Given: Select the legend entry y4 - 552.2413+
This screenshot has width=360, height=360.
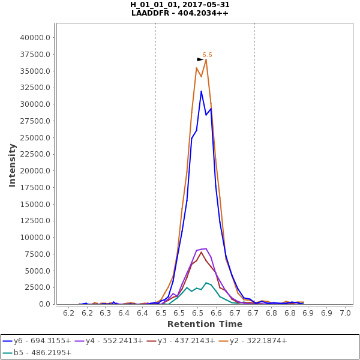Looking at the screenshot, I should pyautogui.click(x=115, y=341).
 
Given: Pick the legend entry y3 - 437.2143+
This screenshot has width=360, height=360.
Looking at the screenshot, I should pyautogui.click(x=187, y=341).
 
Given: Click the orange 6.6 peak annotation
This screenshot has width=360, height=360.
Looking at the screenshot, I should pyautogui.click(x=207, y=55).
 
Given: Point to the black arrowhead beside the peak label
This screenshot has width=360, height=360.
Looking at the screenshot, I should pyautogui.click(x=200, y=59).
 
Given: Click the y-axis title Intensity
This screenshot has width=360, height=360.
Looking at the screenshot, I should pyautogui.click(x=12, y=164).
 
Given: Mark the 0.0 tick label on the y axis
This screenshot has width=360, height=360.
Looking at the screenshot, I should pyautogui.click(x=44, y=304).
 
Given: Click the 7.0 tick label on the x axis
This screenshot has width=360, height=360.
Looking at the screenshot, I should pyautogui.click(x=345, y=313).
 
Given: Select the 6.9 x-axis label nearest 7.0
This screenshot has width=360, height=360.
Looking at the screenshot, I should pyautogui.click(x=326, y=313).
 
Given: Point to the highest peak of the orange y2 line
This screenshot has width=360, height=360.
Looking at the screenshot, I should pyautogui.click(x=206, y=59).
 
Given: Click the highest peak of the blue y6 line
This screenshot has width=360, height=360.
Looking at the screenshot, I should pyautogui.click(x=201, y=91).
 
